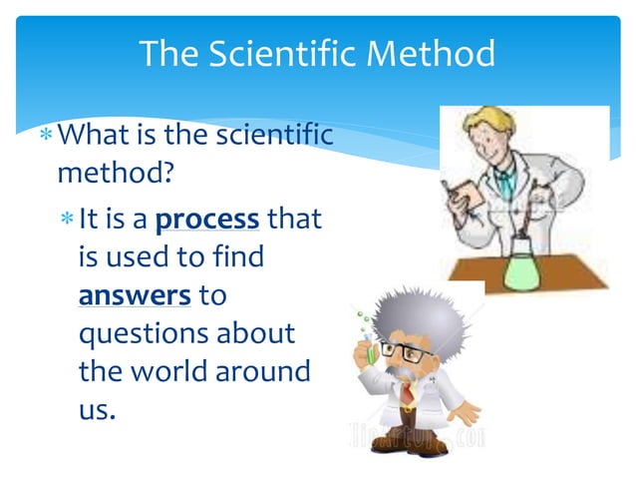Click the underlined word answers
[x=135, y=295]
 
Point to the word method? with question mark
[x=116, y=174]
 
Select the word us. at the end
[x=97, y=408]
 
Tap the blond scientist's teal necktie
[x=506, y=183]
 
